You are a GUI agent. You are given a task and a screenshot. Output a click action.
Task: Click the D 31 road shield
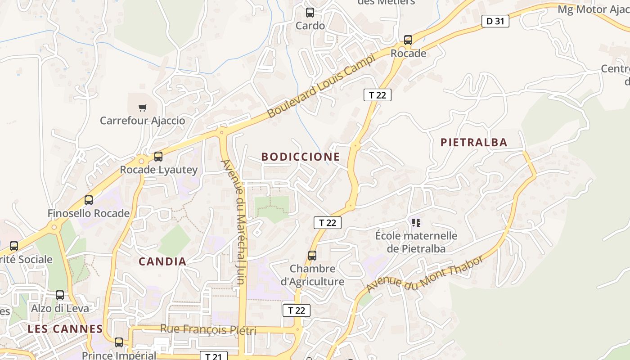495,21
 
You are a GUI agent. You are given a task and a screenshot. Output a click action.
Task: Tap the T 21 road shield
213,356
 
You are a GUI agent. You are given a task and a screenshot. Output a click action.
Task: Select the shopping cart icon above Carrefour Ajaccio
143,108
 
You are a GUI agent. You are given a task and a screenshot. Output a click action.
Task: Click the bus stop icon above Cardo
310,12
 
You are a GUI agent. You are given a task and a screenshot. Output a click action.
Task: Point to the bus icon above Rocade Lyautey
158,156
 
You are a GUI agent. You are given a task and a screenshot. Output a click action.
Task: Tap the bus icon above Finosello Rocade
89,200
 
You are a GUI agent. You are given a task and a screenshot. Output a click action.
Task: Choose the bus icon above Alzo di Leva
60,295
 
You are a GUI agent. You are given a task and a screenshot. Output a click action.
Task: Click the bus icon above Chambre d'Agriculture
312,255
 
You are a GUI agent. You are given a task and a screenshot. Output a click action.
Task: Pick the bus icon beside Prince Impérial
119,342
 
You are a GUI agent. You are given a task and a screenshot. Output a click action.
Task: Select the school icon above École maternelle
416,222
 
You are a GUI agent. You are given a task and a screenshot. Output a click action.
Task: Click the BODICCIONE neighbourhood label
301,157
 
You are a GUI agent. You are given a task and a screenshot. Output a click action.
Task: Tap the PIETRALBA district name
474,143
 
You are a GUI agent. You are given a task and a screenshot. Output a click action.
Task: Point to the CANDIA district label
162,261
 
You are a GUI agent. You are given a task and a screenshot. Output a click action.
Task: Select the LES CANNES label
65,329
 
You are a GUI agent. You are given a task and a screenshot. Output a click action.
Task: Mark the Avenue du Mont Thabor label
425,274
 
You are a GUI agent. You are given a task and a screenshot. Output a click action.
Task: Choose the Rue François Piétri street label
208,330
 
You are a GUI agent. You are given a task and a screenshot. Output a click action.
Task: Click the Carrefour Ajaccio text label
142,121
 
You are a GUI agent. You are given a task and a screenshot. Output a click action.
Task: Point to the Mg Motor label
593,10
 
